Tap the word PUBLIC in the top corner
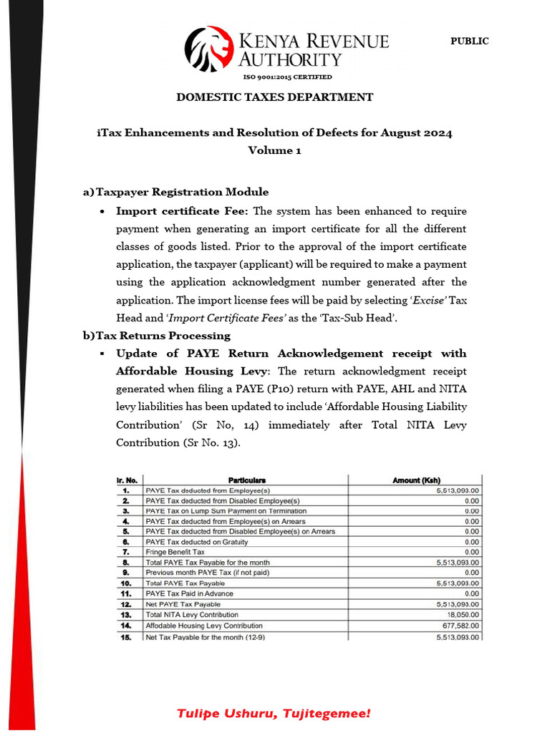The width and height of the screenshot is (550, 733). pyautogui.click(x=469, y=42)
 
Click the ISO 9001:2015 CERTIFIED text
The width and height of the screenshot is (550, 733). pyautogui.click(x=287, y=77)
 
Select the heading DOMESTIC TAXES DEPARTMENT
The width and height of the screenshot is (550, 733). pyautogui.click(x=274, y=97)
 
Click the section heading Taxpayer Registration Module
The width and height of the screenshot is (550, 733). pyautogui.click(x=182, y=192)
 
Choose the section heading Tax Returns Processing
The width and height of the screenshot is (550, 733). pyautogui.click(x=163, y=336)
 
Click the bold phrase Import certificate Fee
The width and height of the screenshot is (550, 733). pyautogui.click(x=182, y=211)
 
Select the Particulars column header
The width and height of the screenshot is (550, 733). pyautogui.click(x=246, y=480)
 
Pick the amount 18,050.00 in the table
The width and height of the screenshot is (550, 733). pyautogui.click(x=462, y=615)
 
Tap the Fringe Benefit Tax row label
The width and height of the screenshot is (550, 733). pyautogui.click(x=175, y=553)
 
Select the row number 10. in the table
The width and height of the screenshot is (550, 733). pyautogui.click(x=126, y=583)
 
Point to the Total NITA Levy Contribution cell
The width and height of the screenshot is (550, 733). pyautogui.click(x=192, y=615)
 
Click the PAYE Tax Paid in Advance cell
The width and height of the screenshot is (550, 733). pyautogui.click(x=189, y=594)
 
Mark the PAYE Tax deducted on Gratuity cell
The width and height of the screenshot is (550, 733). pyautogui.click(x=196, y=542)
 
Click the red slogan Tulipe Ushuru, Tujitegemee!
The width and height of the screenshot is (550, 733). pyautogui.click(x=274, y=714)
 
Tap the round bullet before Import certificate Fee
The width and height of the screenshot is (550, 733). pyautogui.click(x=105, y=212)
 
